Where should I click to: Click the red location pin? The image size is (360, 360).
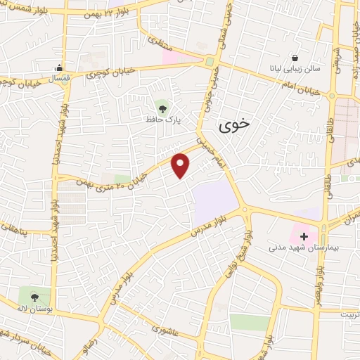tap(181, 165)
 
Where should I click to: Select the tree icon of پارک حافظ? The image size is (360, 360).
tap(163, 108)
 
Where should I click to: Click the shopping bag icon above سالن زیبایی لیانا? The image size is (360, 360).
tap(294, 58)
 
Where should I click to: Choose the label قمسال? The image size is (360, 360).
tap(52, 78)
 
